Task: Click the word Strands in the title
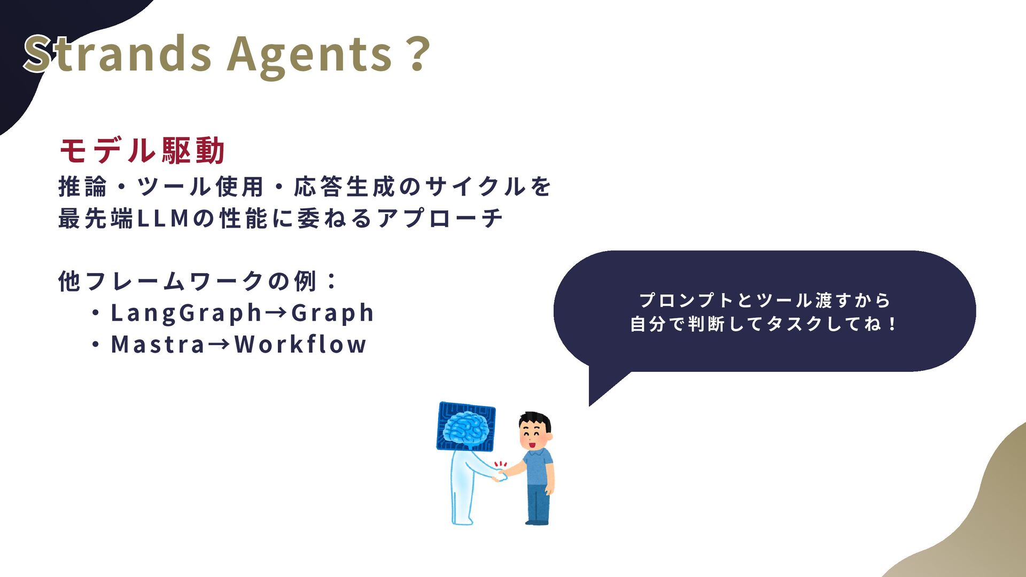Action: point(118,53)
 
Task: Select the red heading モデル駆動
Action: point(142,150)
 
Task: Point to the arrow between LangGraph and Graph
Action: point(276,313)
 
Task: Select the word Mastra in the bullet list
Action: point(158,345)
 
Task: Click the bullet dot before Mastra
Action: point(96,345)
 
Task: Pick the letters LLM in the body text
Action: point(163,219)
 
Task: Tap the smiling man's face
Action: point(535,433)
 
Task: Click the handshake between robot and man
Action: point(500,474)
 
